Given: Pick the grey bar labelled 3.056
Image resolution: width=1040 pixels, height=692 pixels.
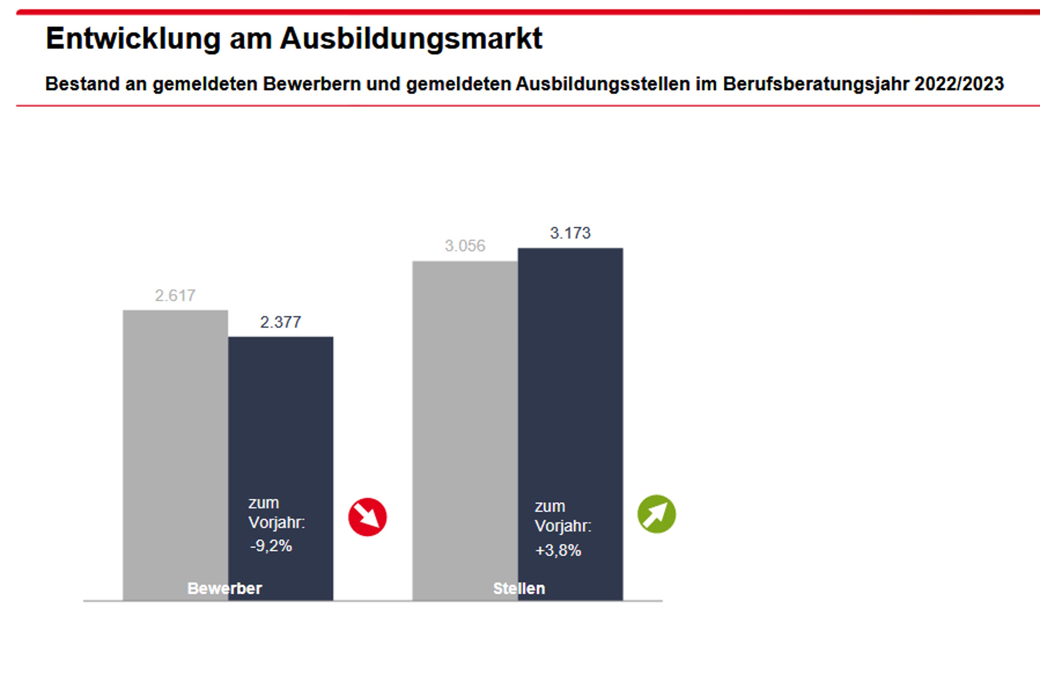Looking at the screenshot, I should [x=465, y=416].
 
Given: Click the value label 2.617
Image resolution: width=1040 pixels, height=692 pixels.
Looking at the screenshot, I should [x=175, y=296].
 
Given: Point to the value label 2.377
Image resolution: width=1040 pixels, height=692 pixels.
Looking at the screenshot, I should [x=281, y=322].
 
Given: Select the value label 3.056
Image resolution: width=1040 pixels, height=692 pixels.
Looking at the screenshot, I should [x=465, y=246].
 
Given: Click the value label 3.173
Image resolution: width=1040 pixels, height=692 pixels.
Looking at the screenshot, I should [x=570, y=233].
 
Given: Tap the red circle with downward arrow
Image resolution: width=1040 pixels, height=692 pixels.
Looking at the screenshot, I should [x=367, y=517].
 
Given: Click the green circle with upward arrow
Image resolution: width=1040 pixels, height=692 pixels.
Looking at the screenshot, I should [x=656, y=514].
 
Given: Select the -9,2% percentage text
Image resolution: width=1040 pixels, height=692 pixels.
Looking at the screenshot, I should [x=271, y=546].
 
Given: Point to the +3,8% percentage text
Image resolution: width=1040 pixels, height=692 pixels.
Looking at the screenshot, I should [x=558, y=550].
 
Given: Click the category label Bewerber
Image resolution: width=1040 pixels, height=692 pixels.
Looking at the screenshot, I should [x=225, y=588].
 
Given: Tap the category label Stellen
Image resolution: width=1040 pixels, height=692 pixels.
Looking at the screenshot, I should [x=519, y=588].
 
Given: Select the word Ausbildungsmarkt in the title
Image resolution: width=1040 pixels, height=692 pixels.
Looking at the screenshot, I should [x=411, y=38].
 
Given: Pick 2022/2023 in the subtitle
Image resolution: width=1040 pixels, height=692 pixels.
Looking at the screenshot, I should [x=959, y=84].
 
